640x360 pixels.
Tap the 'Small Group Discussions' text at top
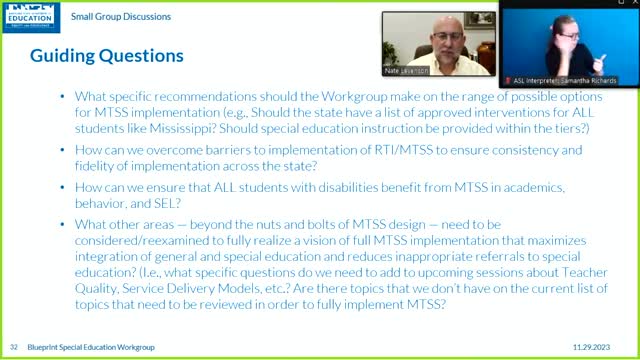click(127, 17)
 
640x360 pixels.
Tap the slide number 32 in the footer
click(14, 345)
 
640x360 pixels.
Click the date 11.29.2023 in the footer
click(603, 345)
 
